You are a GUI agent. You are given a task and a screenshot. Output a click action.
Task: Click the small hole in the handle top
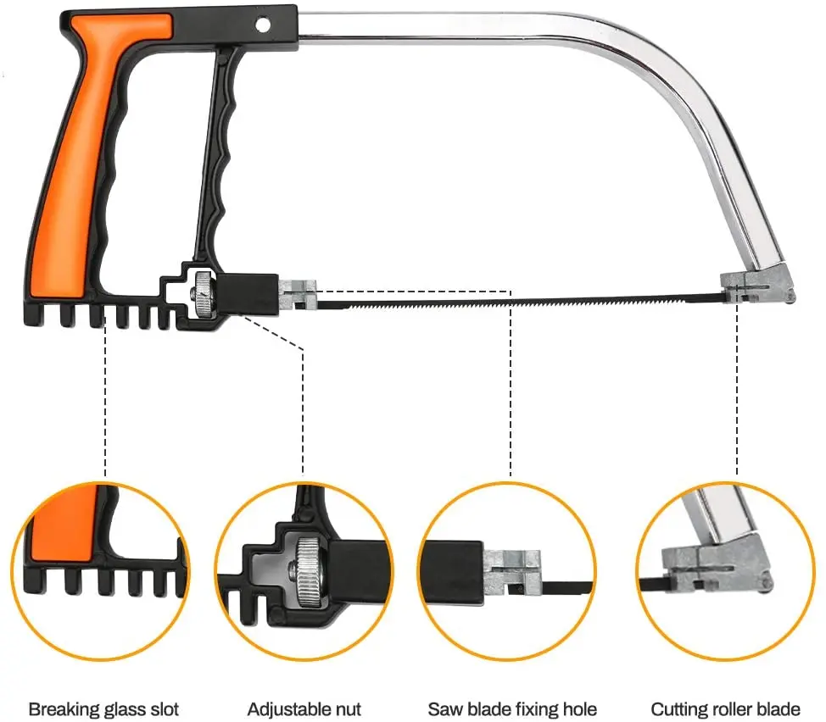click(x=262, y=25)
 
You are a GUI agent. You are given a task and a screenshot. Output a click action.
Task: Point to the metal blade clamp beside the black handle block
click(x=298, y=295)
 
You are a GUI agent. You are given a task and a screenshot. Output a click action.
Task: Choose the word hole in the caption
click(x=578, y=708)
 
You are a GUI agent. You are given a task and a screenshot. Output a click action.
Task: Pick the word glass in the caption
click(x=123, y=709)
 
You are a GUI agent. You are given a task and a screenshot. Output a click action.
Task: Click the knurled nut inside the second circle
click(x=307, y=573)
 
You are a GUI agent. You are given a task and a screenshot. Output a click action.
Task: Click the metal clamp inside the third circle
click(x=512, y=573)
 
